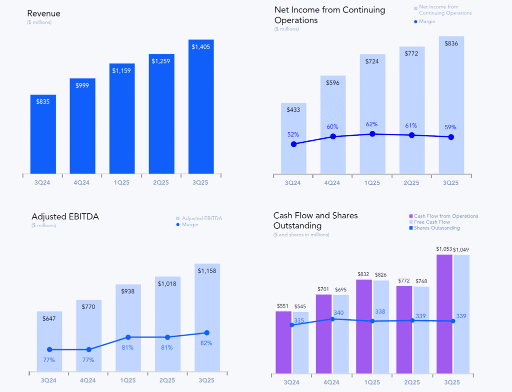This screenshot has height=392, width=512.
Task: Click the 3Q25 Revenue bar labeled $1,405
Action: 201,107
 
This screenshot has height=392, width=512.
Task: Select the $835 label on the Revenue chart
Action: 43,101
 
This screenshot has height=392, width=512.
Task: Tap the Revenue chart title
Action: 44,13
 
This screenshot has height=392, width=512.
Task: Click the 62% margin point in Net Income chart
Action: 372,134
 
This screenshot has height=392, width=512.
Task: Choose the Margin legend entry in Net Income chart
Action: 424,21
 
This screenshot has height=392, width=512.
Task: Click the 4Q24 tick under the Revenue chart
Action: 82,182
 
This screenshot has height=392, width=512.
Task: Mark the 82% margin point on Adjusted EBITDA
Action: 206,333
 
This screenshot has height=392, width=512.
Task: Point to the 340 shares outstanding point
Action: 332,319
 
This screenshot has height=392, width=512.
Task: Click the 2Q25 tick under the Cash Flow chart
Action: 412,382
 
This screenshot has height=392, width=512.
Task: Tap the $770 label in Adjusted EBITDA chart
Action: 88,306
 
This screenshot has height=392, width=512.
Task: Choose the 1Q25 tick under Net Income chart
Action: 372,183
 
